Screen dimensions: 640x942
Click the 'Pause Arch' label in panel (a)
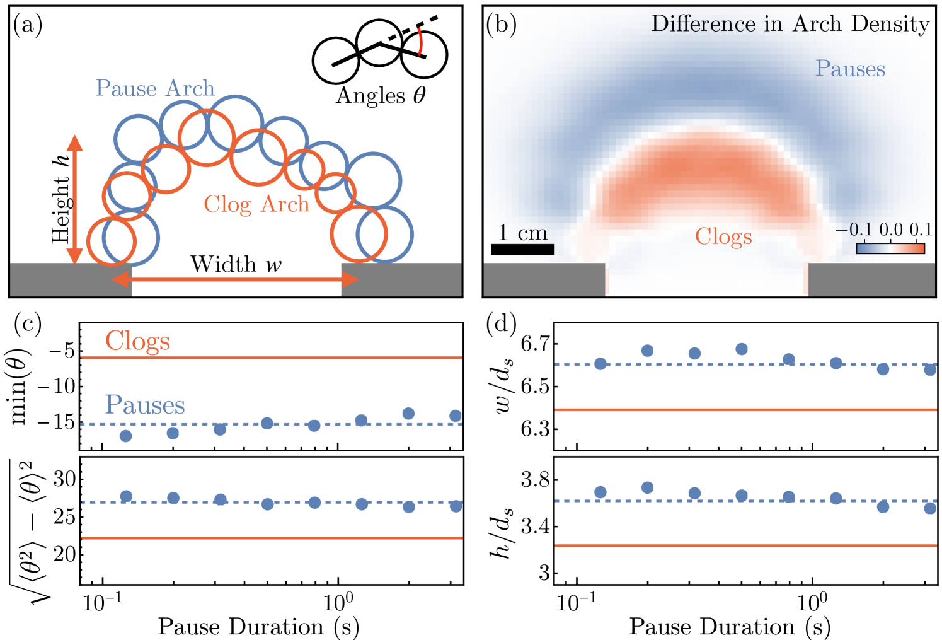click(x=155, y=88)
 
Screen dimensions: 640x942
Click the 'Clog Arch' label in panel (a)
click(x=256, y=204)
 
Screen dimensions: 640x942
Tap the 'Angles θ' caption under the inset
click(x=381, y=96)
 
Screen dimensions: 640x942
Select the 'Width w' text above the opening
click(x=236, y=264)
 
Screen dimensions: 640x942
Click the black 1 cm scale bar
click(x=522, y=249)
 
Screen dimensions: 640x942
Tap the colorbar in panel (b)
click(x=890, y=248)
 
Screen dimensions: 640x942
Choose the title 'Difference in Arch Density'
click(x=790, y=24)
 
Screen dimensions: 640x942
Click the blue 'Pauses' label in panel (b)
click(x=850, y=69)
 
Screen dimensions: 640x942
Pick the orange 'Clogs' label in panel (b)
click(x=723, y=237)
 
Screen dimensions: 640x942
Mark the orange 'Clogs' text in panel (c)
click(x=137, y=341)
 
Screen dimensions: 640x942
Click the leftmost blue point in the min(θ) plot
click(x=125, y=436)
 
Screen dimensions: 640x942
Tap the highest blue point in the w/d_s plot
click(x=742, y=349)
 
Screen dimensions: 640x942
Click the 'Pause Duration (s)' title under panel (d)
click(x=730, y=627)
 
